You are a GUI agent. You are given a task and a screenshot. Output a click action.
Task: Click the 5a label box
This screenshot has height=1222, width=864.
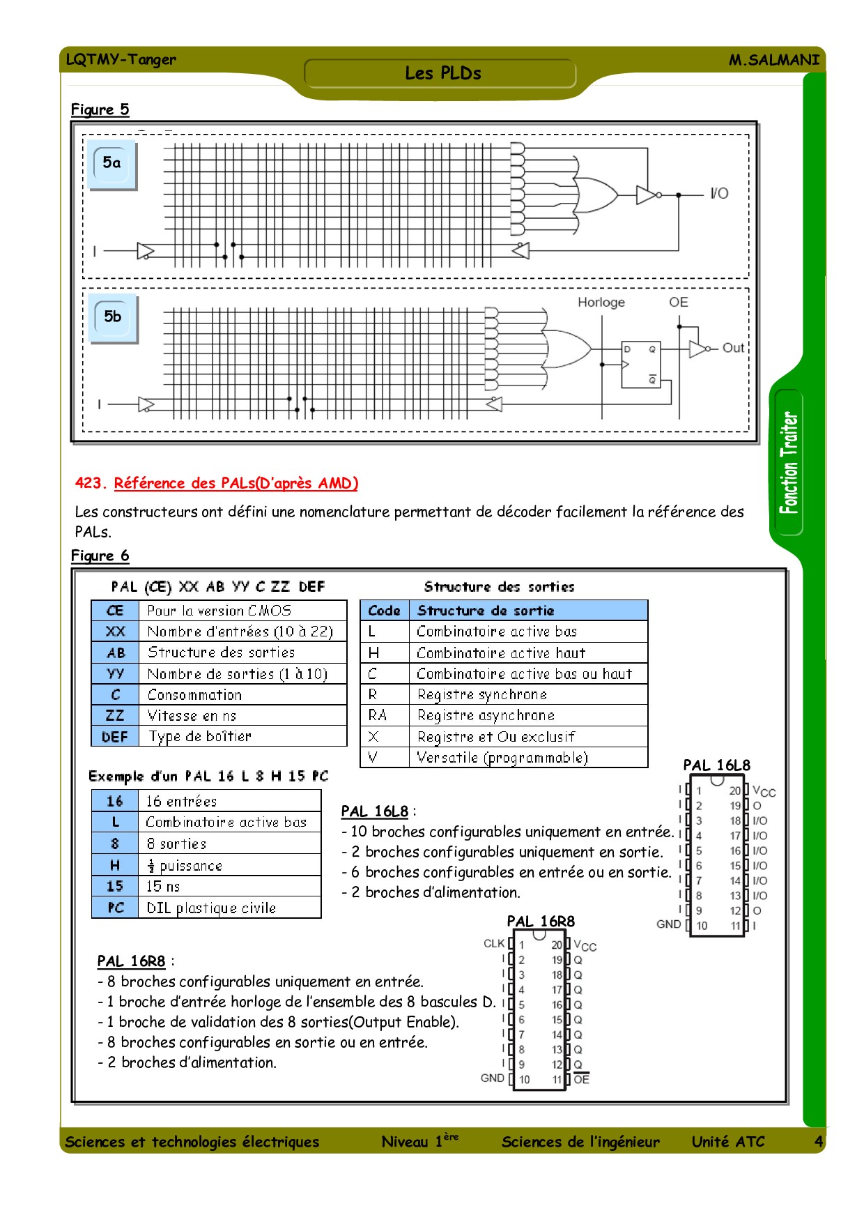point(111,164)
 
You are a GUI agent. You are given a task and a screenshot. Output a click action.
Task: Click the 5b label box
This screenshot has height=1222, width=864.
point(112,318)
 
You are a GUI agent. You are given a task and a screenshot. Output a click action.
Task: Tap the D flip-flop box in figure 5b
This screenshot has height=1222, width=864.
point(640,365)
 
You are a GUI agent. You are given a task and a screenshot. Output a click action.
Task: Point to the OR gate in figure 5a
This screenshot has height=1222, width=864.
point(594,194)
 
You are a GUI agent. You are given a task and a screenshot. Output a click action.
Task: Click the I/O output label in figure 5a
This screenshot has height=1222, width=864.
point(719,194)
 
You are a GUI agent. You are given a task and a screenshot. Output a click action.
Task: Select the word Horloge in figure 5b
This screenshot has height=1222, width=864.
point(601,303)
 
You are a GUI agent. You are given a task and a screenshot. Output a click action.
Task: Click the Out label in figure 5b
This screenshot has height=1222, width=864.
point(733,348)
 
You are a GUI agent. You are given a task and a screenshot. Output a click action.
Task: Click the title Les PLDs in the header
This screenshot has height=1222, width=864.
point(443,73)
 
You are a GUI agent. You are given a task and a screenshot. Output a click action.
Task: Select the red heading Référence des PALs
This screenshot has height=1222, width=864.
point(236,483)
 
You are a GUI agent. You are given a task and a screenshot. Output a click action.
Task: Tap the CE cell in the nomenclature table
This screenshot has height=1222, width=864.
point(115,611)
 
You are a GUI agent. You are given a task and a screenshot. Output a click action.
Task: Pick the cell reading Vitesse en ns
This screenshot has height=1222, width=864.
point(192,715)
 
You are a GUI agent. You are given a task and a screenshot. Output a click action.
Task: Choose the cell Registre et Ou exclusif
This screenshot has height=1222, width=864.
point(496,737)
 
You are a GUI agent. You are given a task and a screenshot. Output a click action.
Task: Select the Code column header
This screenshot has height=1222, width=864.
point(384,611)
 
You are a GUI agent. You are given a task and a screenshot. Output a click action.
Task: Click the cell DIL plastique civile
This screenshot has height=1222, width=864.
point(211,908)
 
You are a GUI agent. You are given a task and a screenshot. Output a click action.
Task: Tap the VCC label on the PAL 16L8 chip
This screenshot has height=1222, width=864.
point(764,791)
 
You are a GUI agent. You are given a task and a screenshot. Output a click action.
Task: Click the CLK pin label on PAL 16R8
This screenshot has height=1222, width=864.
point(494,944)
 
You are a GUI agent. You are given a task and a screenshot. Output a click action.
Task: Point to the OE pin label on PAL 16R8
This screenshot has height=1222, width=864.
point(581,1079)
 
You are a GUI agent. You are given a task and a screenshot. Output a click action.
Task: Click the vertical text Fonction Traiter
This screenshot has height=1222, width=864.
point(789,463)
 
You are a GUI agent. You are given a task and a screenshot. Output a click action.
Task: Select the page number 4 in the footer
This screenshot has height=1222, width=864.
point(818,1141)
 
